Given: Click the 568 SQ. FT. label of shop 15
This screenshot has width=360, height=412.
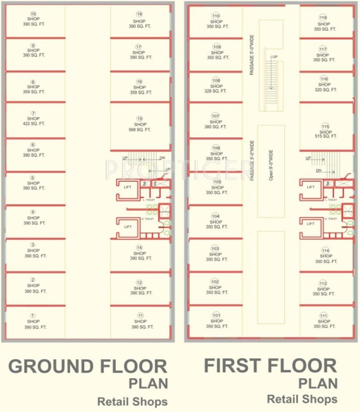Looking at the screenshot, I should click(x=140, y=129).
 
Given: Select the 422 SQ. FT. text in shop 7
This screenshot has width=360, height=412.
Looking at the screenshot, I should click(x=33, y=123).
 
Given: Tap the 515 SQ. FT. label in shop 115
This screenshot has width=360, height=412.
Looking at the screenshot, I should click(x=325, y=136).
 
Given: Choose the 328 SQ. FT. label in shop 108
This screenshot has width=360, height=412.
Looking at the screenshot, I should click(x=216, y=91).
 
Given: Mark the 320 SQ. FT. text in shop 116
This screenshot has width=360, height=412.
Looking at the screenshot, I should click(x=325, y=90).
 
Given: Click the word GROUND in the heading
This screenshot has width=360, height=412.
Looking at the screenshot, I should click(x=52, y=366).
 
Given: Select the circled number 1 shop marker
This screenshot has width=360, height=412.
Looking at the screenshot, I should click(x=33, y=315).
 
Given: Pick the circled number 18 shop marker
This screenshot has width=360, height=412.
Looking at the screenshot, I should click(x=140, y=14).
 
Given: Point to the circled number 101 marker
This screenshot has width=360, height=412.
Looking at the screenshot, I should click(x=216, y=315).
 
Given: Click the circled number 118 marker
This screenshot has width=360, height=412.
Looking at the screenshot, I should click(x=323, y=17).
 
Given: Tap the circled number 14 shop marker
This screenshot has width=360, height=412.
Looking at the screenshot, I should click(x=140, y=247).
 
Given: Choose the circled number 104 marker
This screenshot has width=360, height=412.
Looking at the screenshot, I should click(x=216, y=216).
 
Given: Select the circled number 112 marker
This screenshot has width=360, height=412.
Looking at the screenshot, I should click(x=323, y=283).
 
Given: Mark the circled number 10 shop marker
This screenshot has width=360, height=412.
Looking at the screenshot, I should click(x=33, y=14).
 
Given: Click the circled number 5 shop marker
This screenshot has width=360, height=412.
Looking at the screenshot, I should click(x=33, y=178).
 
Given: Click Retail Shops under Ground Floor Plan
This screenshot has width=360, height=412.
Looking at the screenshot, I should click(x=132, y=401).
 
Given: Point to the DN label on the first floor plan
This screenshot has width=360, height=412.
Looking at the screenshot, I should click(x=318, y=170).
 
